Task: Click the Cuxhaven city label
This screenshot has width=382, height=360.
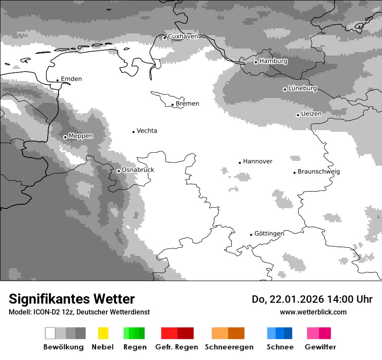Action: click(x=183, y=36)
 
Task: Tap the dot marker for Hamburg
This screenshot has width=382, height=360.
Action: click(x=256, y=62)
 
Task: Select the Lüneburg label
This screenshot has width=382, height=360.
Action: click(x=302, y=88)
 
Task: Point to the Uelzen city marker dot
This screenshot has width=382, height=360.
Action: click(x=298, y=115)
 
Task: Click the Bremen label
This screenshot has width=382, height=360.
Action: click(x=188, y=104)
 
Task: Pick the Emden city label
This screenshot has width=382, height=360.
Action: click(x=71, y=79)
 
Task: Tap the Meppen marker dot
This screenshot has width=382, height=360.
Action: click(x=65, y=137)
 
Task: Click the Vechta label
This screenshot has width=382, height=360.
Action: click(x=147, y=131)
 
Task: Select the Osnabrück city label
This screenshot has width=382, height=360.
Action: click(x=138, y=170)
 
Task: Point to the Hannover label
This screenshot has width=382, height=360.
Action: click(x=257, y=161)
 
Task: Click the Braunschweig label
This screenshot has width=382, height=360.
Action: click(x=319, y=172)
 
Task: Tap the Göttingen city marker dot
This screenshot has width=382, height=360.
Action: click(x=251, y=235)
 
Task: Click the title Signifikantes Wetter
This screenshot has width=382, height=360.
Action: click(x=72, y=299)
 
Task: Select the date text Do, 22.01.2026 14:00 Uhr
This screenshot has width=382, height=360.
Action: click(x=312, y=299)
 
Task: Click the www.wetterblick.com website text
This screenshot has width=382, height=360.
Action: click(x=313, y=312)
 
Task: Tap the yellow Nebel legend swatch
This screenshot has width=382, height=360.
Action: click(x=103, y=333)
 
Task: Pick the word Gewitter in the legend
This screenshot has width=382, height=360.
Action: click(x=320, y=347)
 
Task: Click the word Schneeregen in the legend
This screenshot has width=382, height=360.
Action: click(x=229, y=347)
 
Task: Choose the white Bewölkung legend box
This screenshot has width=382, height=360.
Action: click(x=50, y=333)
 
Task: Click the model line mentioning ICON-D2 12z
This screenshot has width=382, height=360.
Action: click(x=79, y=312)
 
